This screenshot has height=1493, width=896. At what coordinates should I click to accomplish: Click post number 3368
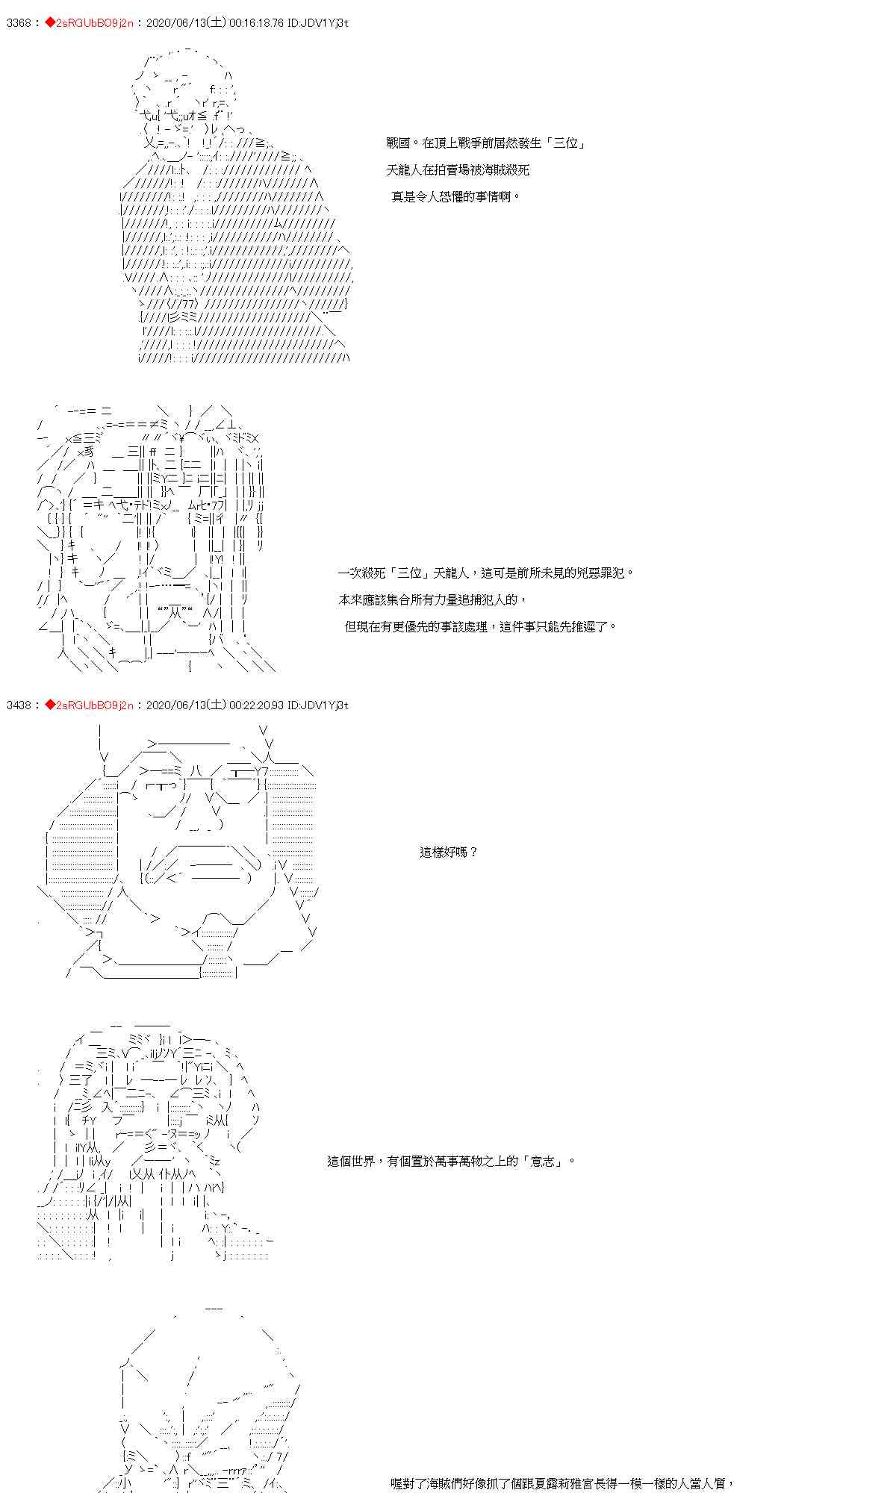pyautogui.click(x=18, y=23)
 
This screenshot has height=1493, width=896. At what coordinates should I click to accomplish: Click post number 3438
pyautogui.click(x=18, y=705)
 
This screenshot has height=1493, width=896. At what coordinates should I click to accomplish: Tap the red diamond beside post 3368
pyautogui.click(x=50, y=23)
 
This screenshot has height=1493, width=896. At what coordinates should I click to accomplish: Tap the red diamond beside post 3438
pyautogui.click(x=50, y=705)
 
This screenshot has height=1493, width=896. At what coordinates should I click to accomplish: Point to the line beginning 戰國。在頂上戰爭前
pyautogui.click(x=485, y=143)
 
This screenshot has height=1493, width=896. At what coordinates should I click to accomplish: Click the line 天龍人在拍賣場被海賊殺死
pyautogui.click(x=458, y=169)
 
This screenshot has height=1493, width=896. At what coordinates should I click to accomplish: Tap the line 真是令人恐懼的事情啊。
pyautogui.click(x=456, y=197)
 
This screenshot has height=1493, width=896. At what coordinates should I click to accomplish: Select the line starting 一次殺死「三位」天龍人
pyautogui.click(x=486, y=573)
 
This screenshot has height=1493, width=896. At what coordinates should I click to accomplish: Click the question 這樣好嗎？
pyautogui.click(x=448, y=852)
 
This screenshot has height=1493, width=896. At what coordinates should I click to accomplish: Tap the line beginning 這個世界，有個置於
pyautogui.click(x=451, y=1161)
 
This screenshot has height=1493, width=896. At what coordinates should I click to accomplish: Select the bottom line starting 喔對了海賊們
pyautogui.click(x=563, y=1483)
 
